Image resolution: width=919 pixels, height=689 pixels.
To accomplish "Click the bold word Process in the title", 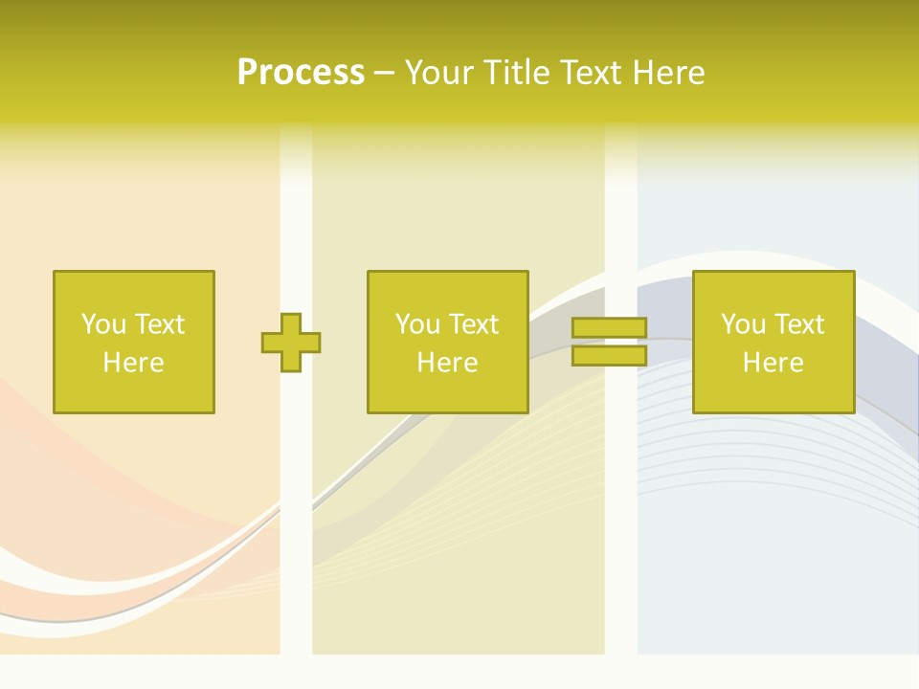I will click(301, 73).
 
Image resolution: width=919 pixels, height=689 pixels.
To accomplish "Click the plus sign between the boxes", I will click(291, 342).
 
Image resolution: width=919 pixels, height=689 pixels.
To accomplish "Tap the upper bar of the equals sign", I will click(609, 328).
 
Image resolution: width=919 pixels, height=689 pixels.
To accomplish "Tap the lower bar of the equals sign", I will click(609, 356).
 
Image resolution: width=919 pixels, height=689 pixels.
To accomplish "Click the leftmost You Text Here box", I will click(134, 342).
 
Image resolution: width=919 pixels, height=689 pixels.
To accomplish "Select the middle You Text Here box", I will click(448, 342).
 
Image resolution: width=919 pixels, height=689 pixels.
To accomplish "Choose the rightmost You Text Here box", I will click(773, 342).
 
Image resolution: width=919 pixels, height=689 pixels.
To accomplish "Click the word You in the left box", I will click(103, 324).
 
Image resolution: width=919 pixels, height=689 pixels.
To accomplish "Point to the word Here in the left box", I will click(134, 363).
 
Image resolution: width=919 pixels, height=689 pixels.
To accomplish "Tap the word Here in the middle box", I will click(448, 363).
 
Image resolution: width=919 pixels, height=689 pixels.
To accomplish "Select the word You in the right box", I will click(743, 324).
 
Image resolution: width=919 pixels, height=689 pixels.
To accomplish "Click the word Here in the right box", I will click(773, 363).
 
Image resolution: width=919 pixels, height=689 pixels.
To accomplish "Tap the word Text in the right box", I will click(798, 324).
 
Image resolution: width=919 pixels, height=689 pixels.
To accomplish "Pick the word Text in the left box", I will click(159, 324).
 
